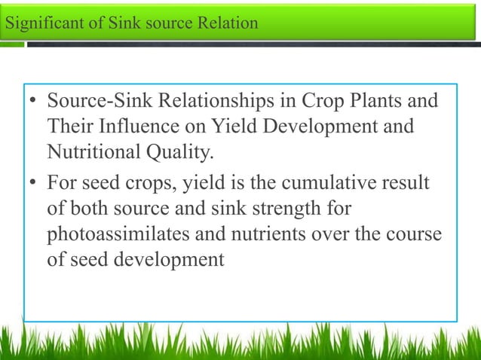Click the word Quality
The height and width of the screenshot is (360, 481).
tap(181, 154)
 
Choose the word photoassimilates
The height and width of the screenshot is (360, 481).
tap(119, 234)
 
